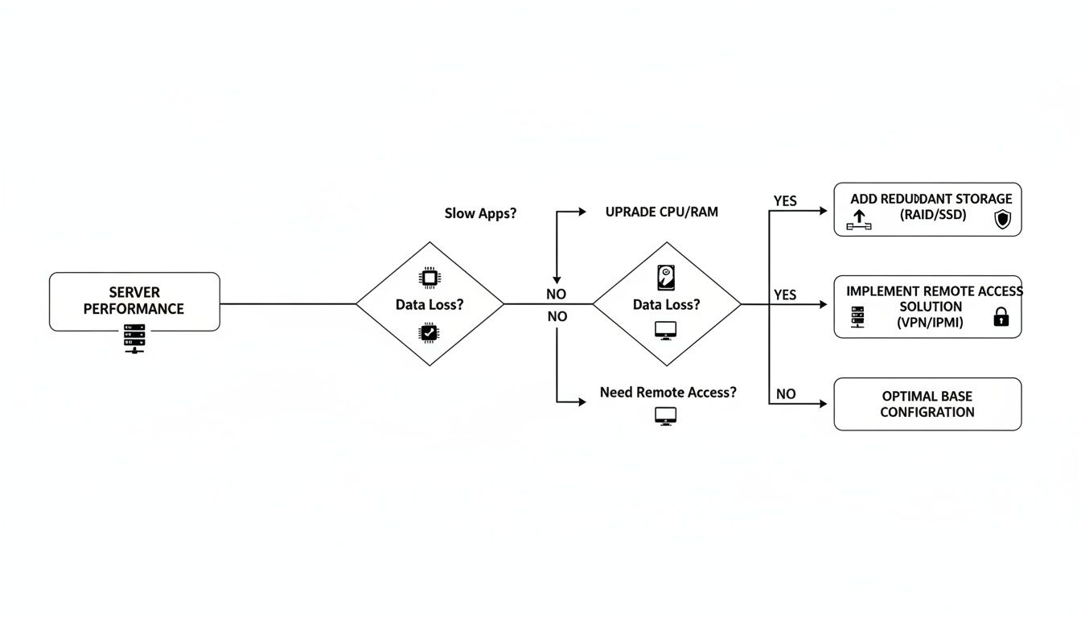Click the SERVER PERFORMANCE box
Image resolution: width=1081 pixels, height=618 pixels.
[134, 301]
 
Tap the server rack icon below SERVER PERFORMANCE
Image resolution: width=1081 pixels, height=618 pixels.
[134, 340]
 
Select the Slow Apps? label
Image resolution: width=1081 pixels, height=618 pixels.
[480, 213]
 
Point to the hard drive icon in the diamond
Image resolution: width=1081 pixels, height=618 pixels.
[666, 278]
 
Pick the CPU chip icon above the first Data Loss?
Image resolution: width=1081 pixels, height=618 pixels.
[430, 278]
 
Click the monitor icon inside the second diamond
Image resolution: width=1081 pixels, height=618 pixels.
[666, 329]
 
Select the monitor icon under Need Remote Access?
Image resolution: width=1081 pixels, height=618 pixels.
[666, 416]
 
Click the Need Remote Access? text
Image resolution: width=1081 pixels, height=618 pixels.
[668, 393]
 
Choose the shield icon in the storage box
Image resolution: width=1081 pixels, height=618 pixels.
[1002, 219]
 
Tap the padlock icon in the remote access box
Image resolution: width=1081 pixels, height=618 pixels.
[1001, 318]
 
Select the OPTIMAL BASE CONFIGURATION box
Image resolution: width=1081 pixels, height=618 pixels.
[927, 404]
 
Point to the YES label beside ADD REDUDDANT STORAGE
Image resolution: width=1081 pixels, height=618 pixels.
[785, 201]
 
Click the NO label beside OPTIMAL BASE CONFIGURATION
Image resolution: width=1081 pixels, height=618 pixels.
[786, 394]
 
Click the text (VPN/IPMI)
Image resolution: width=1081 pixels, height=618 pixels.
[930, 322]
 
